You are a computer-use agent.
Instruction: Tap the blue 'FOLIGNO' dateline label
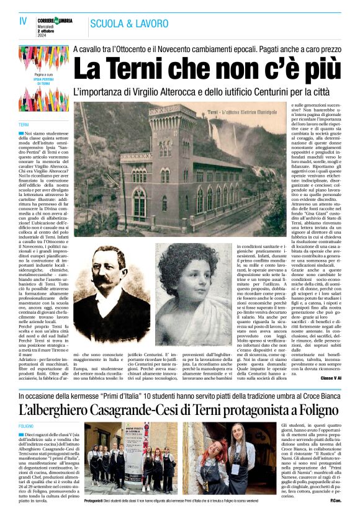[27, 427]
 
